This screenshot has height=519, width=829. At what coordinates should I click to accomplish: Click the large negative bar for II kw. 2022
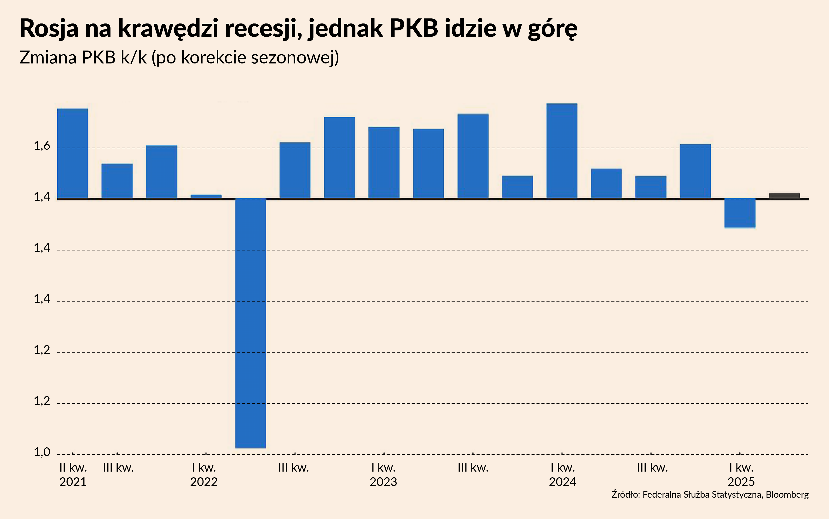[250, 323]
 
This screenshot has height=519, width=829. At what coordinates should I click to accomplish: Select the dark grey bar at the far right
[784, 196]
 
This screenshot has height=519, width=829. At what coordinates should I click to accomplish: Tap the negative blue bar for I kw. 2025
[740, 213]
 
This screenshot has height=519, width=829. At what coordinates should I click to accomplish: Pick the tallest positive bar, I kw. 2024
[562, 151]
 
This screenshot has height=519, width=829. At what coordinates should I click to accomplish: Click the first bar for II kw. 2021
[72, 154]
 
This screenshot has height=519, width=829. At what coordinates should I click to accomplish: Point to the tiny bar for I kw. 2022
[206, 197]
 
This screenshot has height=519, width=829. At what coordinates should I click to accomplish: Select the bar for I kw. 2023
[384, 163]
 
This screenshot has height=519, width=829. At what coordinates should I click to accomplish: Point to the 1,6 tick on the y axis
[42, 147]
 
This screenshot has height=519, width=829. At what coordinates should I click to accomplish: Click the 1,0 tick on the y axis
[42, 452]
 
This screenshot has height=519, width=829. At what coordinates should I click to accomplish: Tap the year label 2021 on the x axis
[73, 482]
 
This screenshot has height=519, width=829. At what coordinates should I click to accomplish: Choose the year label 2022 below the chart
[204, 482]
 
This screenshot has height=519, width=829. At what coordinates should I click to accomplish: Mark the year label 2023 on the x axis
[383, 482]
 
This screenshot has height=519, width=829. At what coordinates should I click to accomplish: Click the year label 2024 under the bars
[562, 482]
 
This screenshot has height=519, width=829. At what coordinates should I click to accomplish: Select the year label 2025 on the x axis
[741, 482]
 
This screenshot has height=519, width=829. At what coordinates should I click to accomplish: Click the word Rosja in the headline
[49, 28]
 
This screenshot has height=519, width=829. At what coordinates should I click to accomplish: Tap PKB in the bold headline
[414, 28]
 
